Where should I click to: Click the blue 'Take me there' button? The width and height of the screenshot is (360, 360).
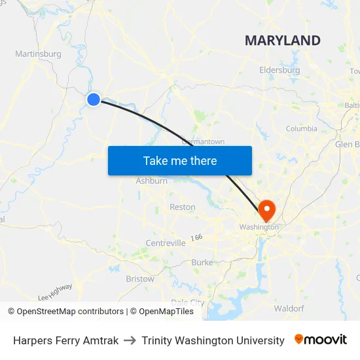coord(180,160)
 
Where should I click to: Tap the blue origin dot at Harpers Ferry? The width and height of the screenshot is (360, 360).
coord(94,99)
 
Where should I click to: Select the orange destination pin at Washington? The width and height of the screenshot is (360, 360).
coord(267,210)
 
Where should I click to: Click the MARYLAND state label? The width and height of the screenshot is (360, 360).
coord(283,41)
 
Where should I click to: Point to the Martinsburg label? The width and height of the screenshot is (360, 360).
coord(38,54)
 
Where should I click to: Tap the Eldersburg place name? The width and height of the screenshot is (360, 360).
coord(279,70)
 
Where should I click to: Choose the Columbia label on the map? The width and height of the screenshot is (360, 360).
coord(301,129)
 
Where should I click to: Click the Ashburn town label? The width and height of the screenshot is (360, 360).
coord(152,181)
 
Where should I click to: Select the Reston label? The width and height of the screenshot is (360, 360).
coord(183,207)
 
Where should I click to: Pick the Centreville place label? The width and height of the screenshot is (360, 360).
coord(166,243)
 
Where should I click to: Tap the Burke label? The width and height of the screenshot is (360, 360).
coord(202,262)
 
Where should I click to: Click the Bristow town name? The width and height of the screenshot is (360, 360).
coord(140,279)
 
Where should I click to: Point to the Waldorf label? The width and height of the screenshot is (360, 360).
coord(289,308)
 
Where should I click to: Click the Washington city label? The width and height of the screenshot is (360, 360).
coord(259,227)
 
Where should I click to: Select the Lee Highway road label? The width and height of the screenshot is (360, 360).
coord(56,292)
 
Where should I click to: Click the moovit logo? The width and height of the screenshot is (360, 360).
coord(321,340)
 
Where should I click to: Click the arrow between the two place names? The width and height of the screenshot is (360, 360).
coord(130,340)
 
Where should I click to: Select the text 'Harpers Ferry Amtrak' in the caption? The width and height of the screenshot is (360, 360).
coord(66,340)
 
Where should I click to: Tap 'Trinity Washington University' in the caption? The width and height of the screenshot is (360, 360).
coord(213,340)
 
